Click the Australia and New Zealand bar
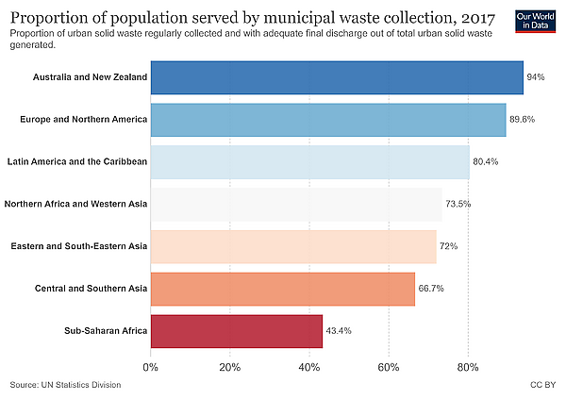337,77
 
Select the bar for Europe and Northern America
328,120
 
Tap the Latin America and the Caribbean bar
310,162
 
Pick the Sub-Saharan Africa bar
237,331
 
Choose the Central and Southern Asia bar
283,289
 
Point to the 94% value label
536,77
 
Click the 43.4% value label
339,331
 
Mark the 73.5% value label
458,204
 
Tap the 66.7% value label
431,289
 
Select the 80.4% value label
486,161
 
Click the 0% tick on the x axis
151,368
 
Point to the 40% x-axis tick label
309,368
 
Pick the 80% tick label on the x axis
468,368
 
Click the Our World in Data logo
535,22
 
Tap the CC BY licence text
543,385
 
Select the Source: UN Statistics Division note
65,385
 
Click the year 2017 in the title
478,18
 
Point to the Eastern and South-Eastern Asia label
79,246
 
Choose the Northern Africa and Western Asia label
75,204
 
